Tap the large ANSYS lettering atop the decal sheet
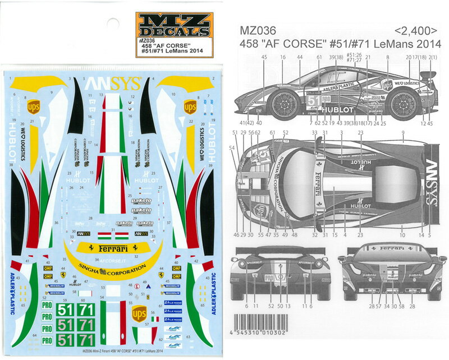[113, 84]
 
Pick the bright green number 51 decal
[66, 310]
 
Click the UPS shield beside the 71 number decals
[139, 314]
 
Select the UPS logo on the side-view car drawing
[387, 85]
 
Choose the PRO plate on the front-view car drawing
[269, 278]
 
